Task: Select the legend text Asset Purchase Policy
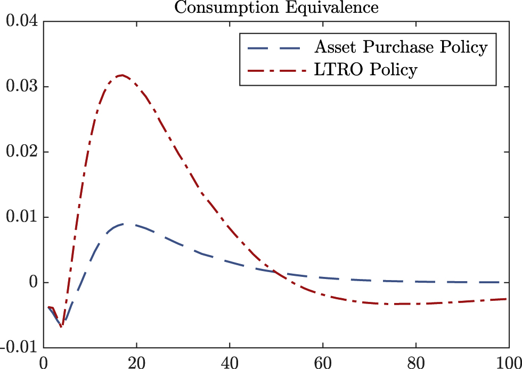pyautogui.click(x=401, y=47)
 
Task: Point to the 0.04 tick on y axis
pyautogui.click(x=20, y=22)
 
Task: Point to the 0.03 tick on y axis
pyautogui.click(x=20, y=87)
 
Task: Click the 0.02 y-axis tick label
pyautogui.click(x=20, y=152)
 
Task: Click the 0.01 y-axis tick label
pyautogui.click(x=20, y=217)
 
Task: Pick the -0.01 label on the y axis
pyautogui.click(x=17, y=348)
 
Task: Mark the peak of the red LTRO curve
pyautogui.click(x=122, y=75)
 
